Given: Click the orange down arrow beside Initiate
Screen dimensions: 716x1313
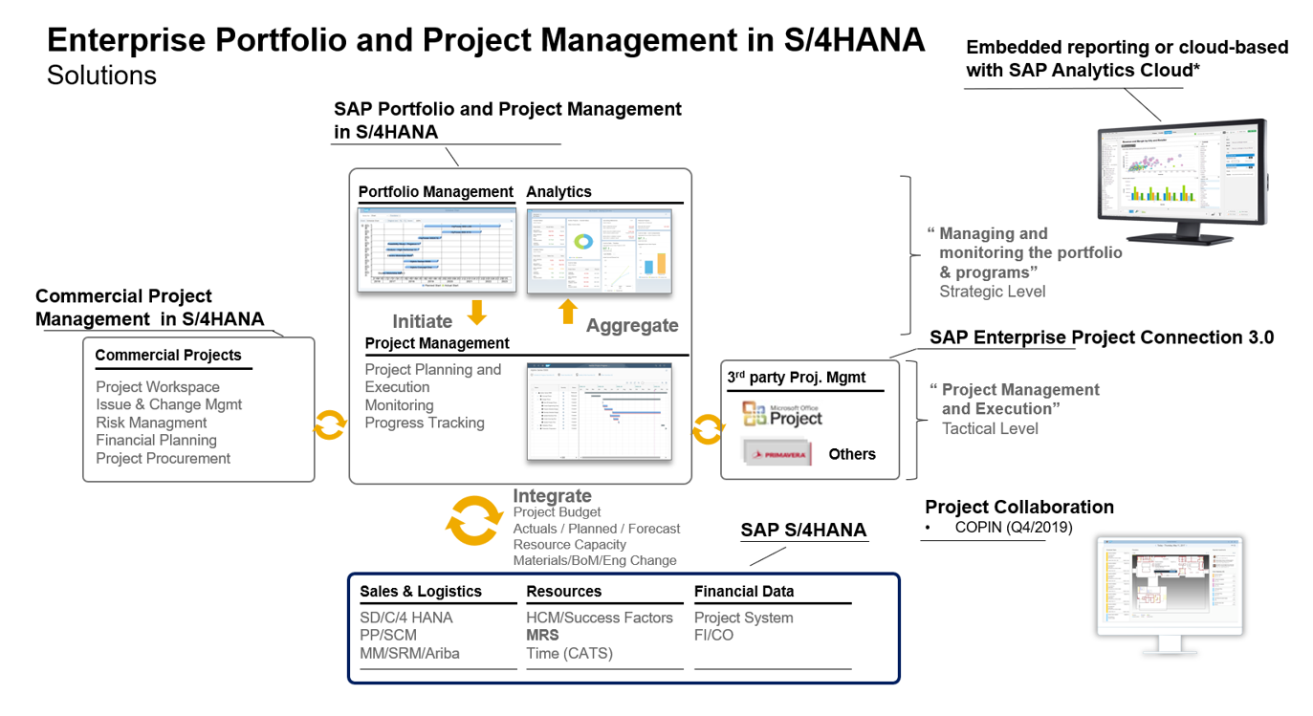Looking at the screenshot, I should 476,312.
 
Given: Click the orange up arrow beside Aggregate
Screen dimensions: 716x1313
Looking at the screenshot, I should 568,312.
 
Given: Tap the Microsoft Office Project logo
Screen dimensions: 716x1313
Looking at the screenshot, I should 782,414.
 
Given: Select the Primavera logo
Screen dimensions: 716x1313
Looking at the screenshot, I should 777,453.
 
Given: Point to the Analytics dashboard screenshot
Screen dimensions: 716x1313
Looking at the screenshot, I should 599,251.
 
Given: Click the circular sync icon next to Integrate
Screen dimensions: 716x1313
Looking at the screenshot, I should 474,520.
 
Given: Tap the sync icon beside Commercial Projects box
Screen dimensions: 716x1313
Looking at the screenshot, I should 330,424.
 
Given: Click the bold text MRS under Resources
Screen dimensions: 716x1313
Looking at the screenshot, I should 542,635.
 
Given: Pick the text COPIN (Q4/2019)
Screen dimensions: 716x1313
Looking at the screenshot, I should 1013,528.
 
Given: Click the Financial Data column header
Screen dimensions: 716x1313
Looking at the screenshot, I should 744,592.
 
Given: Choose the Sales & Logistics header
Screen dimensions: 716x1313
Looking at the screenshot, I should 421,592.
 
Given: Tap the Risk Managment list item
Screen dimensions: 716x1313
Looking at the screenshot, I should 151,423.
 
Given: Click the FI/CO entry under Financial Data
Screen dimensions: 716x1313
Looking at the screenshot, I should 713,635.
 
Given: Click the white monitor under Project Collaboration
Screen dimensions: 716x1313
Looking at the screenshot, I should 1169,588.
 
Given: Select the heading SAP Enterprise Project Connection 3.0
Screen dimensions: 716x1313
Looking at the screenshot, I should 1101,337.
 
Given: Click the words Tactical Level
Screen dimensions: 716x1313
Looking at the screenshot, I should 990,428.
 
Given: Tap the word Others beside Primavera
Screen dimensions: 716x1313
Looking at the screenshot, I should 852,454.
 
